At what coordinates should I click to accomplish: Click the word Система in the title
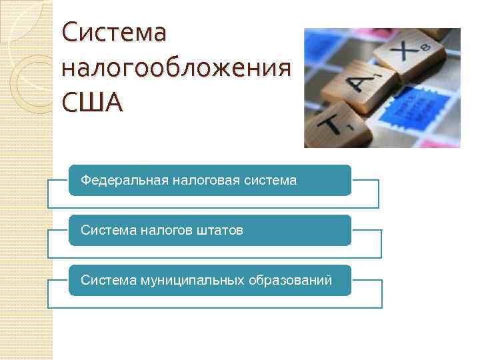(x=113, y=33)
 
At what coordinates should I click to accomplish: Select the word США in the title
(x=92, y=103)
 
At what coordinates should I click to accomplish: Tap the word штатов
(x=220, y=230)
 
